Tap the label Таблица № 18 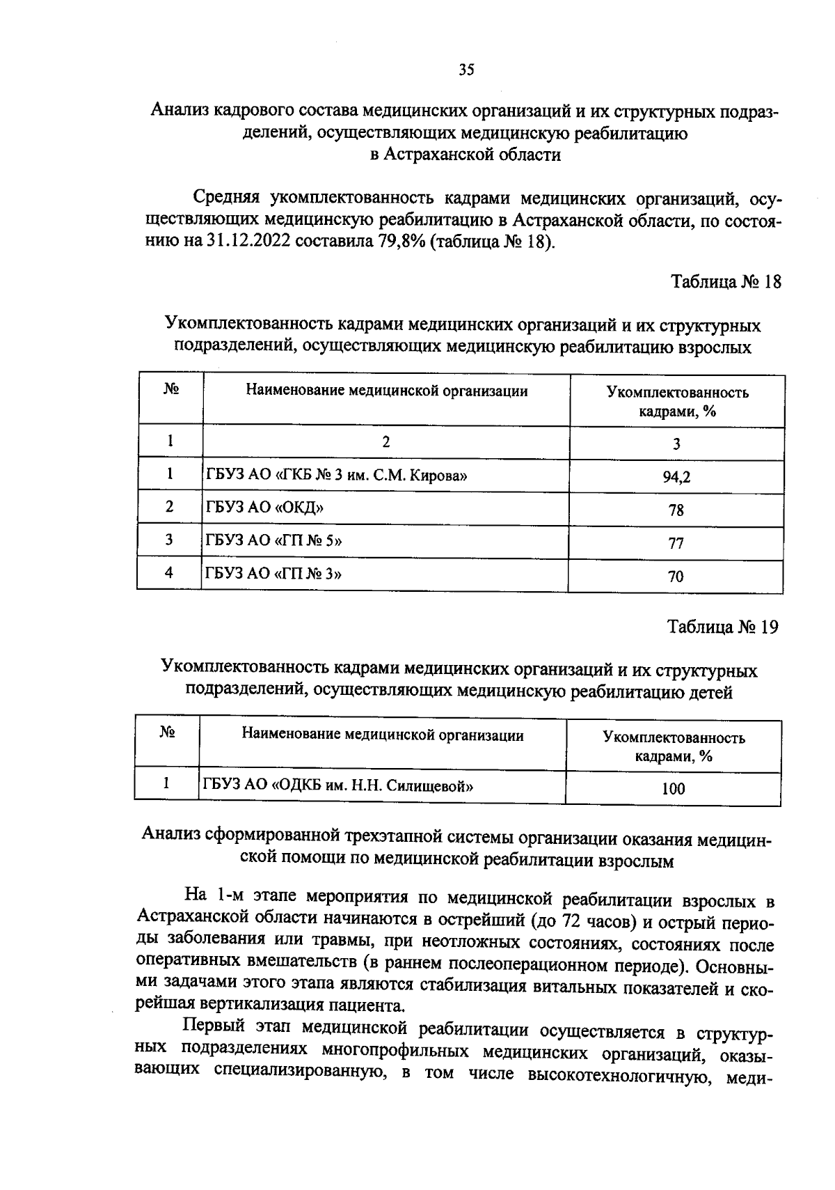726,282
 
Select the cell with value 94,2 676,477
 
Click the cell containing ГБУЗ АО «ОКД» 264,507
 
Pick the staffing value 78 676,510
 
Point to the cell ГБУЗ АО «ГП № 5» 273,540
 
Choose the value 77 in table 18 676,544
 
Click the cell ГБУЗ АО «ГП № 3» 273,573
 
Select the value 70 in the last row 676,577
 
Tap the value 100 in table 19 673,789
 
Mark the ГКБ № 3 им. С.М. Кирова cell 336,476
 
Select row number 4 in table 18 169,573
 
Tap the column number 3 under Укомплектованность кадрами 676,444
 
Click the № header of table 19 166,733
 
